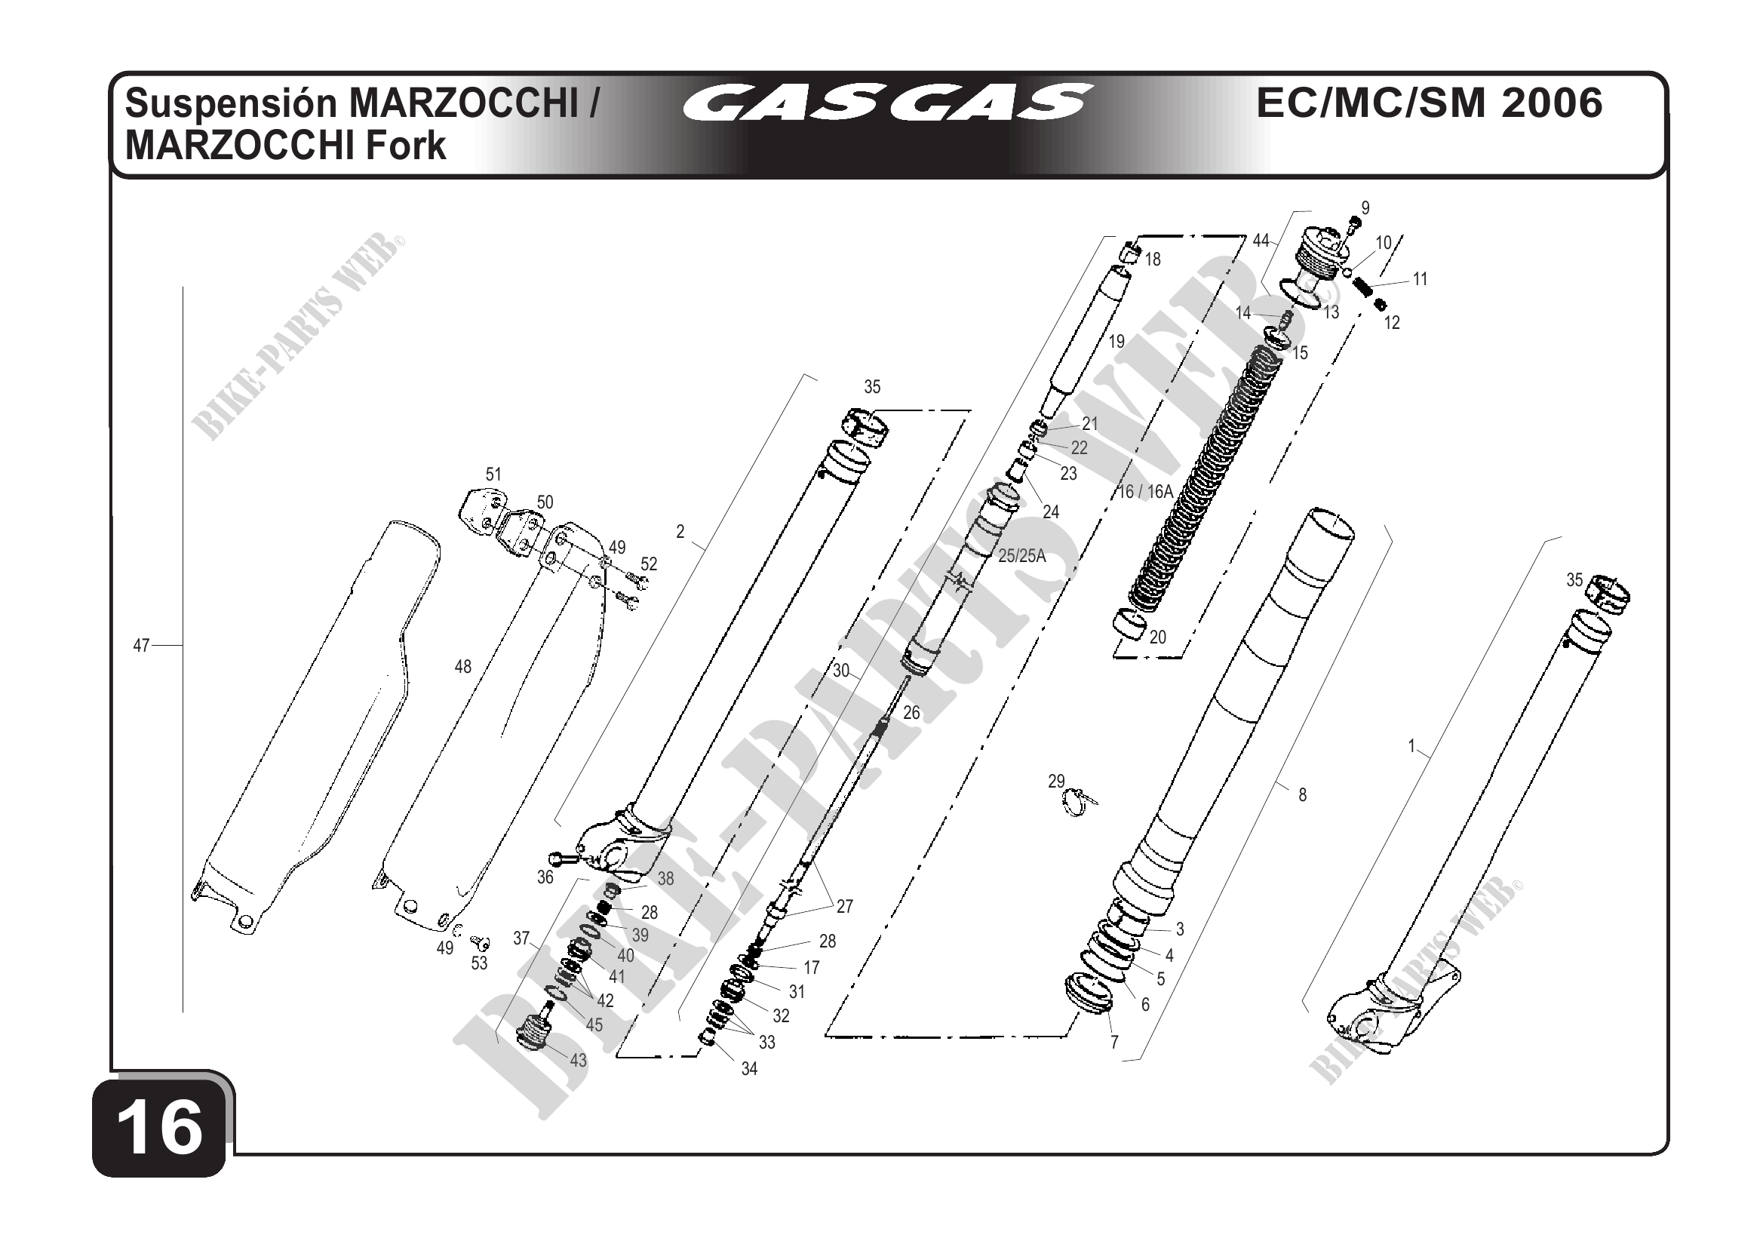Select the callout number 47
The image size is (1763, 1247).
(x=141, y=646)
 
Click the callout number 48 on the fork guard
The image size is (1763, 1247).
(x=462, y=667)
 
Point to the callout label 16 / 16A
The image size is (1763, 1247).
(x=1146, y=491)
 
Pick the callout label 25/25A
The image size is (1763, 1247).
(x=1022, y=556)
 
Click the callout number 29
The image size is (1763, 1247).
(x=1057, y=781)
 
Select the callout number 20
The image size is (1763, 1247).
(x=1157, y=637)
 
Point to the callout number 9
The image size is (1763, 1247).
(x=1365, y=208)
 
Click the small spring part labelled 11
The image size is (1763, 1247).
(x=1362, y=289)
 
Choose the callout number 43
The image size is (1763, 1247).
(x=577, y=1061)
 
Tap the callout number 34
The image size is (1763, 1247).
(x=748, y=1069)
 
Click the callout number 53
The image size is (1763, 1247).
(x=479, y=963)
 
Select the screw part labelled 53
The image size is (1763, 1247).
(x=481, y=941)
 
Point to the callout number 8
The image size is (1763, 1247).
(x=1301, y=794)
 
